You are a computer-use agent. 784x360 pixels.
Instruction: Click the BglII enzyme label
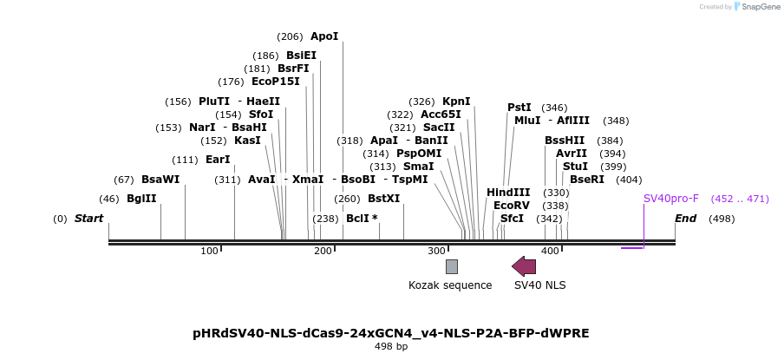[x=141, y=199]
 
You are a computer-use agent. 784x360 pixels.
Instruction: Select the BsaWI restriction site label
[x=160, y=180]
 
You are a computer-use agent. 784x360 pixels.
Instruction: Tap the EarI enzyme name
[x=218, y=160]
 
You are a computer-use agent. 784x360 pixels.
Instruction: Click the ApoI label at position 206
[x=324, y=36]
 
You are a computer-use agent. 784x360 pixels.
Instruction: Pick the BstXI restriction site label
[x=383, y=199]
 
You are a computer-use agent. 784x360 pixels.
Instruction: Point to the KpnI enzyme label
[x=456, y=101]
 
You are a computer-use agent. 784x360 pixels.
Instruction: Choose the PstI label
[x=519, y=108]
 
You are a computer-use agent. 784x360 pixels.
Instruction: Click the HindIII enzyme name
[x=508, y=193]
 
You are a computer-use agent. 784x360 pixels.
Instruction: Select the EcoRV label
[x=511, y=206]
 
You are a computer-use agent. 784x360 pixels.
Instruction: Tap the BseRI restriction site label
[x=587, y=180]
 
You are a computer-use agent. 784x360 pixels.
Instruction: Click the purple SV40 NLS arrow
[x=524, y=266]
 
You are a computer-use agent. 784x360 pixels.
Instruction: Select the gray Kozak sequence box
[x=452, y=266]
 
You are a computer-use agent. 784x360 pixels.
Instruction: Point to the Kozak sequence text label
[x=450, y=285]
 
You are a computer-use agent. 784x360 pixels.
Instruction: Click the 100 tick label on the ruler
[x=209, y=251]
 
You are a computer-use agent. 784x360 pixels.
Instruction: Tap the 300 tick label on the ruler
[x=436, y=251]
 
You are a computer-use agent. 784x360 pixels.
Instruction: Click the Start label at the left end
[x=88, y=219]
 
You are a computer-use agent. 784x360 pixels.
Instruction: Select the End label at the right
[x=685, y=219]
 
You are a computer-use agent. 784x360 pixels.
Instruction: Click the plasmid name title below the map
[x=390, y=333]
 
